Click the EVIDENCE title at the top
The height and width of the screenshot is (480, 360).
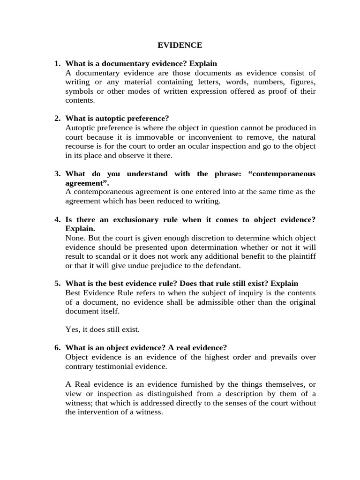pyautogui.click(x=180, y=45)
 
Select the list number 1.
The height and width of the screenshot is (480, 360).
pyautogui.click(x=57, y=64)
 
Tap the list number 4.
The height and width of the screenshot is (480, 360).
pyautogui.click(x=57, y=220)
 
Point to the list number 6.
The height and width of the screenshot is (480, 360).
pyautogui.click(x=57, y=348)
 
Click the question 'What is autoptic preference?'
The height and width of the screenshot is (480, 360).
pyautogui.click(x=117, y=119)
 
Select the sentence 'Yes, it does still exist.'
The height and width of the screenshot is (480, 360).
pyautogui.click(x=103, y=330)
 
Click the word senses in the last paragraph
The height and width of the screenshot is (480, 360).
pyautogui.click(x=206, y=403)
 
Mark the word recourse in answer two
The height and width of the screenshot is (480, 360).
pyautogui.click(x=80, y=146)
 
